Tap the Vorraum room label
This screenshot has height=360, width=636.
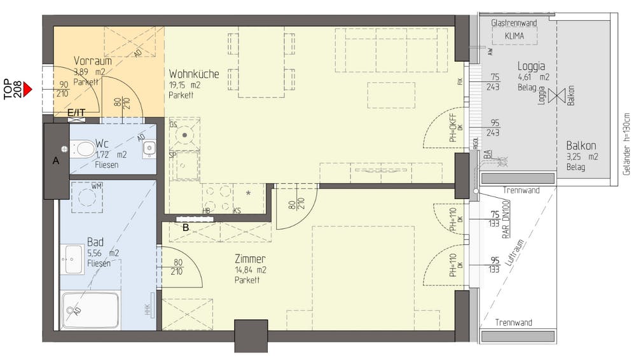click(x=92, y=61)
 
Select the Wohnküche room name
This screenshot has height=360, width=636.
click(x=193, y=74)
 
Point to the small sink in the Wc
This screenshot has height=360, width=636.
click(x=149, y=148)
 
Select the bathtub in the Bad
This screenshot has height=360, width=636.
click(x=90, y=310)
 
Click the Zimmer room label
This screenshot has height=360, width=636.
click(x=250, y=259)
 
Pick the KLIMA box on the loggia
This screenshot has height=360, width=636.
click(x=515, y=36)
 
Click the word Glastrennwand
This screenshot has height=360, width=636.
click(x=515, y=23)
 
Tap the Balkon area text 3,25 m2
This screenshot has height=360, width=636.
click(x=583, y=157)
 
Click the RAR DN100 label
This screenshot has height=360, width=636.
click(x=506, y=219)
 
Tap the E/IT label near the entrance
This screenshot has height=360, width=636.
click(x=76, y=113)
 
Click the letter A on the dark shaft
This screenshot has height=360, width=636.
click(x=55, y=162)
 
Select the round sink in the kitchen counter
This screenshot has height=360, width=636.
click(x=184, y=135)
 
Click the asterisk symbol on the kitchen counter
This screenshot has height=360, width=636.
click(x=247, y=192)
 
